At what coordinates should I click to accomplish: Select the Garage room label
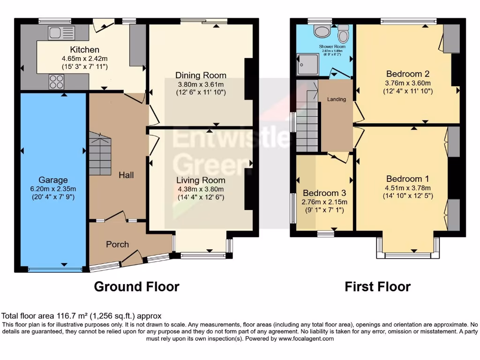pyautogui.click(x=53, y=180)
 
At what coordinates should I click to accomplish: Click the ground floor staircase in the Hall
pyautogui.click(x=100, y=153)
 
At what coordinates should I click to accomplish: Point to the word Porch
pyautogui.click(x=117, y=244)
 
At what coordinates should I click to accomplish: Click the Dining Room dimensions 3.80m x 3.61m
pyautogui.click(x=201, y=84)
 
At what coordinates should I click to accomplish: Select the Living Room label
pyautogui.click(x=201, y=180)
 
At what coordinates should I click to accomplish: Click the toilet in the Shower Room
pyautogui.click(x=344, y=34)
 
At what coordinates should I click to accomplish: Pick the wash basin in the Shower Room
pyautogui.click(x=322, y=31)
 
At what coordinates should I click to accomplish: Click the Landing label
pyautogui.click(x=337, y=99)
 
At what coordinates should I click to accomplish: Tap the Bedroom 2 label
pyautogui.click(x=408, y=74)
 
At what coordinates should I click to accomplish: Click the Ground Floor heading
pyautogui.click(x=136, y=286)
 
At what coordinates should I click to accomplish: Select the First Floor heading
pyautogui.click(x=377, y=286)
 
